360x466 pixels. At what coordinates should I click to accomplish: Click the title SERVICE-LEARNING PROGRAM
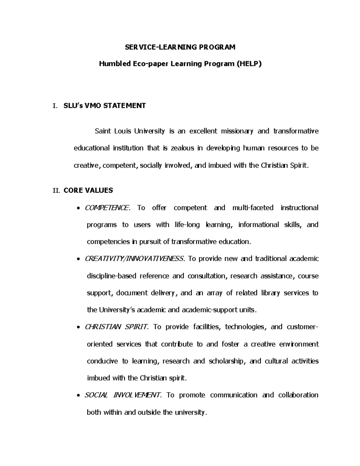[180, 47]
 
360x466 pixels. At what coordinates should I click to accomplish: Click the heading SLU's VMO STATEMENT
[105, 106]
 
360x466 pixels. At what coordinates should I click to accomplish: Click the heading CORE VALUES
[88, 191]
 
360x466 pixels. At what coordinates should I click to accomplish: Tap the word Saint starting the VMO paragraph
[103, 131]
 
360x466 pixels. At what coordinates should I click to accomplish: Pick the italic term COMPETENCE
[107, 208]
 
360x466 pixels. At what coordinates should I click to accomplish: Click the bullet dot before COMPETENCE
[79, 208]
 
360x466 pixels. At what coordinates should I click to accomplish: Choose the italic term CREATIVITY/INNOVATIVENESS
[134, 259]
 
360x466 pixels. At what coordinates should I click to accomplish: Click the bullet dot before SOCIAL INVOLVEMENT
[79, 395]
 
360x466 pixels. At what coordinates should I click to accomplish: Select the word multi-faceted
[253, 208]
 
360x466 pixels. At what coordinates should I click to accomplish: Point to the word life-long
[187, 225]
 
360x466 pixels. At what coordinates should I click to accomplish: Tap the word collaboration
[298, 395]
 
